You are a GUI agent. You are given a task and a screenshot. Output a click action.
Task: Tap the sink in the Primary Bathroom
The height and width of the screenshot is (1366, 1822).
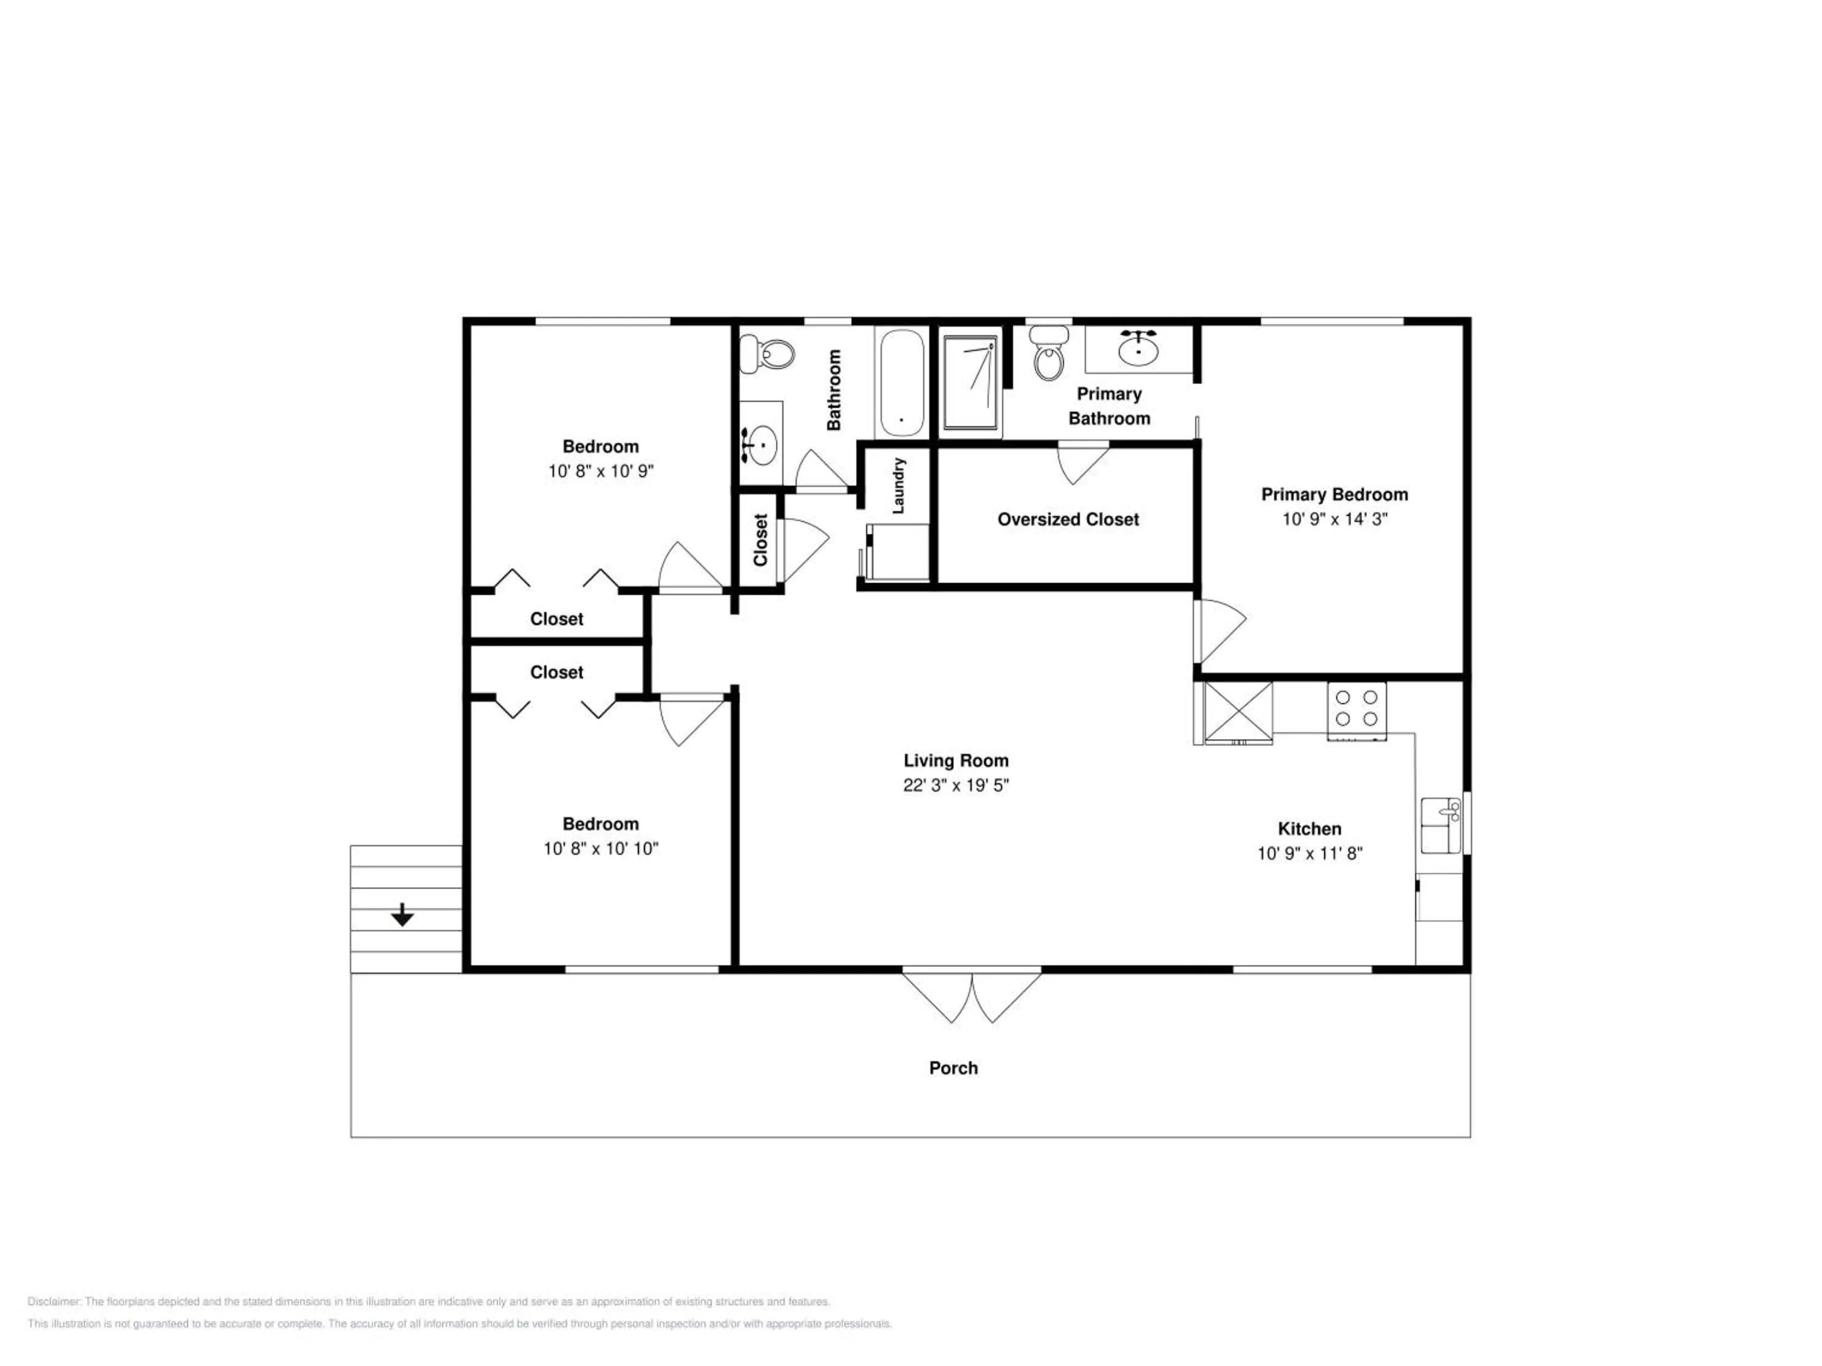coord(1138,348)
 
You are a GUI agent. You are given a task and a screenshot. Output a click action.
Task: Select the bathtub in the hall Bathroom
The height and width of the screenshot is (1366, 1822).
coord(901,384)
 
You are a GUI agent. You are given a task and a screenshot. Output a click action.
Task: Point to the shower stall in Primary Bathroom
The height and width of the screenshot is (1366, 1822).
coord(971,382)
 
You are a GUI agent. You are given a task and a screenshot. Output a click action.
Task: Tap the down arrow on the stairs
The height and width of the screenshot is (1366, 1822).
coord(402,914)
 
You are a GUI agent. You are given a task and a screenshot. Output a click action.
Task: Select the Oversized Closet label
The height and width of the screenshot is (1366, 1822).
coord(1068,520)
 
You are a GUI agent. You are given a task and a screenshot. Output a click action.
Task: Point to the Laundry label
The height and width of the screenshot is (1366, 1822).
coord(899,486)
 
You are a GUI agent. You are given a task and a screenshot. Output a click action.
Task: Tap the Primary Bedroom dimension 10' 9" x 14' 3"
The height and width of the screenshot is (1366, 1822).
coord(1334,518)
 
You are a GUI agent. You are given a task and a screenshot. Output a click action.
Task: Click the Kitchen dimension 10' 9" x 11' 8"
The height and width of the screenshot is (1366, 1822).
coord(1309,853)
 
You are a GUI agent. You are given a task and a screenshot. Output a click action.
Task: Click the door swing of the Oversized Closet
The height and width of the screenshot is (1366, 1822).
coord(1082,464)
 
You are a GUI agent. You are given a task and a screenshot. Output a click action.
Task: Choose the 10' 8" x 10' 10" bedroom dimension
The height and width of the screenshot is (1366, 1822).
coord(601,848)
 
